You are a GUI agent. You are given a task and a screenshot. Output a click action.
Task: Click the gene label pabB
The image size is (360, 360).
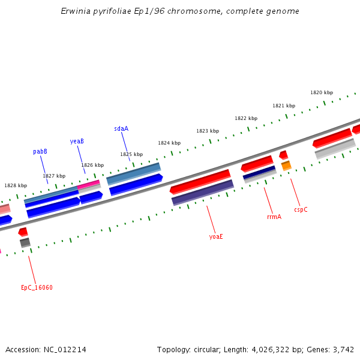point(40,152)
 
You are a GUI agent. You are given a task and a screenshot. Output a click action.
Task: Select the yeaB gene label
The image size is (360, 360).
point(77,142)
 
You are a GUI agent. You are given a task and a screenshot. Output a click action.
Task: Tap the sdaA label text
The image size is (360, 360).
point(121,128)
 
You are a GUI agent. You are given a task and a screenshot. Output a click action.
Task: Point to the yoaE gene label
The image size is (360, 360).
point(216,236)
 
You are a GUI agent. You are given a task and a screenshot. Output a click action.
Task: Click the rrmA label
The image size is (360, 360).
point(274,217)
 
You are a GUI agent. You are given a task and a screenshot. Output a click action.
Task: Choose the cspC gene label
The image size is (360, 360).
point(301,209)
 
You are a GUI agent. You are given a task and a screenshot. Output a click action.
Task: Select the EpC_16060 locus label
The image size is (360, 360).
point(37,287)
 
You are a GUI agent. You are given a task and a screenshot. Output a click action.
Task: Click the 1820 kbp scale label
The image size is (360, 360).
point(322,92)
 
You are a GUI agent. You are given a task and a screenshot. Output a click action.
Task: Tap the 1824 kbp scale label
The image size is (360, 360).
point(169,143)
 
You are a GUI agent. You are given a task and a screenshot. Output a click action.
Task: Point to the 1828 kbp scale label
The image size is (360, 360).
point(16,185)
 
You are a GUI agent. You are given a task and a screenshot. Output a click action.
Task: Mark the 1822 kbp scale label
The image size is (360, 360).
point(246,118)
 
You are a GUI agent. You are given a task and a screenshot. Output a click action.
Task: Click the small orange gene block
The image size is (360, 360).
point(286,165)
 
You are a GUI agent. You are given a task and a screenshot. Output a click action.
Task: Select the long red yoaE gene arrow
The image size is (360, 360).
point(200,181)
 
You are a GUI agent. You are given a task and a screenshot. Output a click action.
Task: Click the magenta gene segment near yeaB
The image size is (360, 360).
point(89,184)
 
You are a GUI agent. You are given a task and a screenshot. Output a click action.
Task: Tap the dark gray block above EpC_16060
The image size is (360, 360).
point(25,242)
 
